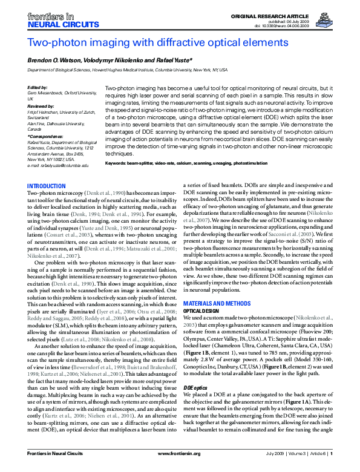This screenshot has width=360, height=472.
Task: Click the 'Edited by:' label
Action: pyautogui.click(x=38, y=87)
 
